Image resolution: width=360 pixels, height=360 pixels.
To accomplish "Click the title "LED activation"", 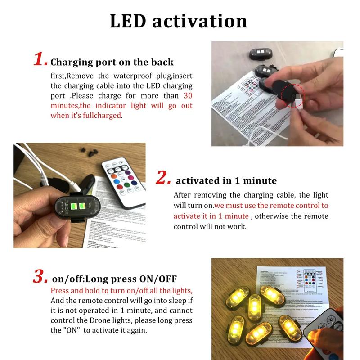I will click(179, 21).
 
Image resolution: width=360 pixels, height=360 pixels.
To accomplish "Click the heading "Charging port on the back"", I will click(112, 62).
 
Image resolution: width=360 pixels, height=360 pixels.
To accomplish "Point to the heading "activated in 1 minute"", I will click(226, 181).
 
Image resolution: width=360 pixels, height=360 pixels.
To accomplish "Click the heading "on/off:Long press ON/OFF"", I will click(114, 279).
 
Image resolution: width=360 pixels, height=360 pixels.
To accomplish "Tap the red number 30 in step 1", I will click(188, 95).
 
